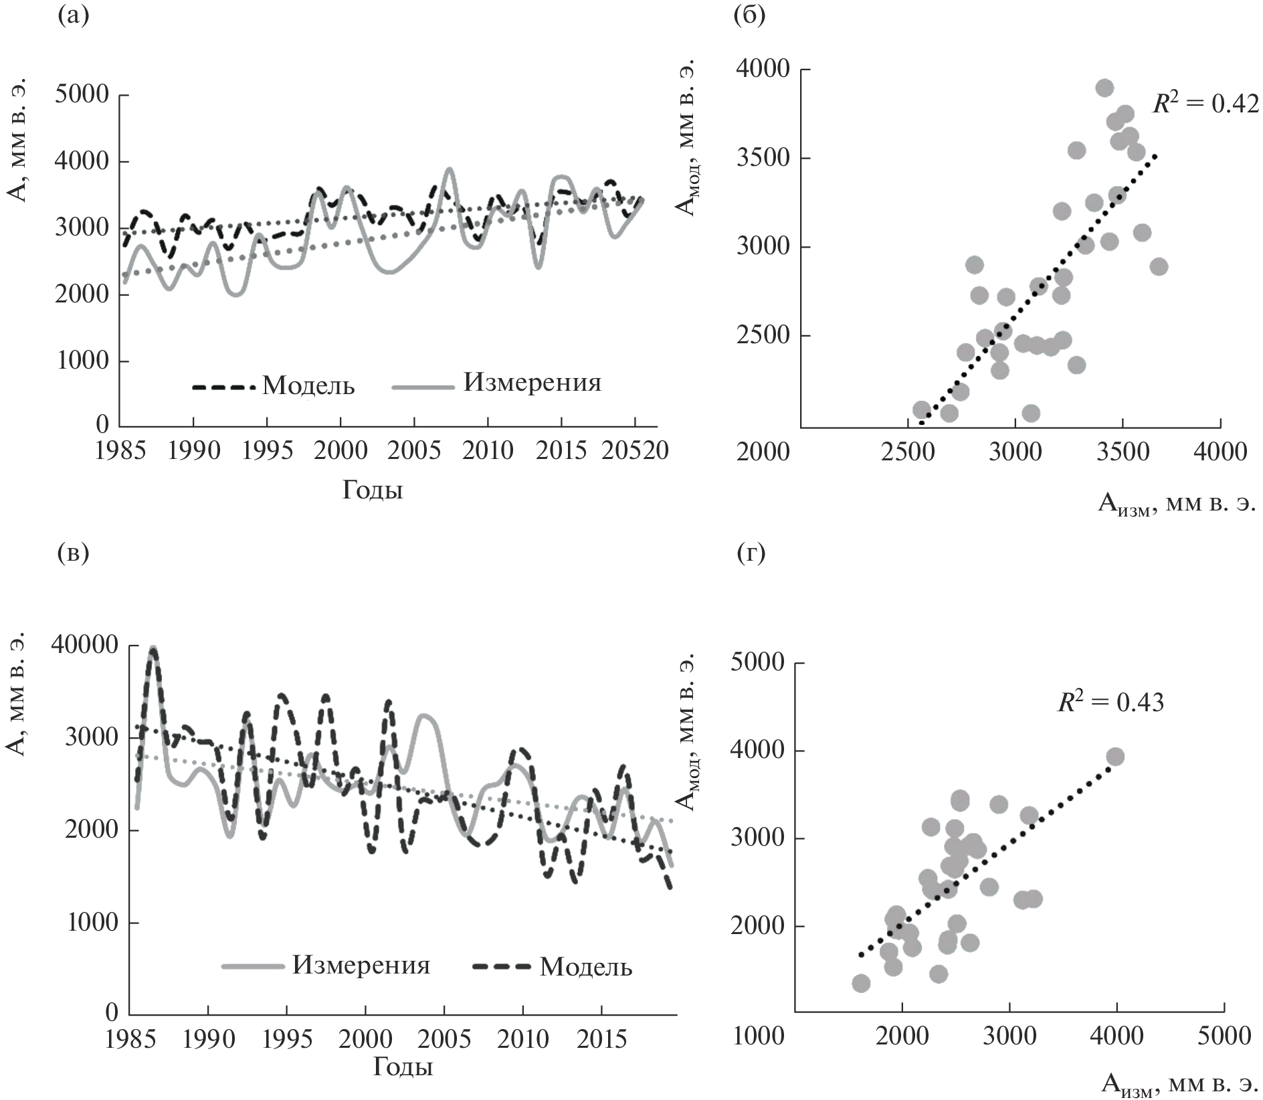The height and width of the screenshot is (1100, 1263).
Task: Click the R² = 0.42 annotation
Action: [1205, 104]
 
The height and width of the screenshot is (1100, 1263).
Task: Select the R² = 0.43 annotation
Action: [1110, 701]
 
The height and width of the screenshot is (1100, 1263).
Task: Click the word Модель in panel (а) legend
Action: [308, 386]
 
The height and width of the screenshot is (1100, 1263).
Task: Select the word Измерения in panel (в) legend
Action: [361, 966]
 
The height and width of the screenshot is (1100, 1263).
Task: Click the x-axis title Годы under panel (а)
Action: [373, 490]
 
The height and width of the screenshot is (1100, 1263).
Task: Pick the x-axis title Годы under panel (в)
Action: [403, 1066]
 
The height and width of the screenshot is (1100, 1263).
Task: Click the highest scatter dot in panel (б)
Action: [1104, 88]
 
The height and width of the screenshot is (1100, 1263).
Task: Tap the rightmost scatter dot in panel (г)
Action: [1114, 757]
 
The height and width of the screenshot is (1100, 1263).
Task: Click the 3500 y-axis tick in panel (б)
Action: [763, 159]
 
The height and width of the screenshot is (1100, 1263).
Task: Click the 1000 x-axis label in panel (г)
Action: [758, 1036]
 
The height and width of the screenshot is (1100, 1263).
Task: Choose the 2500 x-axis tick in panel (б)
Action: [908, 452]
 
